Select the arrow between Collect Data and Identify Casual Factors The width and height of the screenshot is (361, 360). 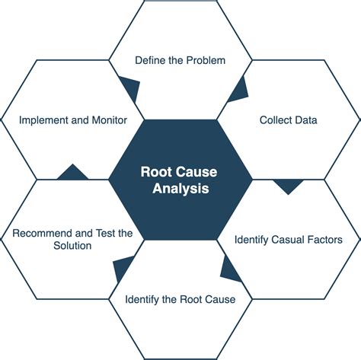(x=288, y=186)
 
